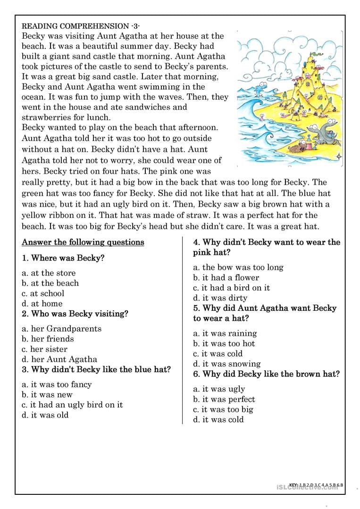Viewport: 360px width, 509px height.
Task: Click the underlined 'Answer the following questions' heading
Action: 83,242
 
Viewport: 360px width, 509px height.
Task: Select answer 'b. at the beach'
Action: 50,283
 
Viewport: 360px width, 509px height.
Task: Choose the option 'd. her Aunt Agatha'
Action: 59,359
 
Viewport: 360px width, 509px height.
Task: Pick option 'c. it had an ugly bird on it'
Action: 72,405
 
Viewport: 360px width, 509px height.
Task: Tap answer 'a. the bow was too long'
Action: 238,267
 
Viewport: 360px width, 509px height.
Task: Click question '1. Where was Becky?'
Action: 63,258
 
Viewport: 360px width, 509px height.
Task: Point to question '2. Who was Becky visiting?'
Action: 75,314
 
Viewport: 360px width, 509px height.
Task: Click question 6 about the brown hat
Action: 267,374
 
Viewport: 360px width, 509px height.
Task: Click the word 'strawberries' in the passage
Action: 46,117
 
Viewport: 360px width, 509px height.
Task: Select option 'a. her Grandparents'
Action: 62,328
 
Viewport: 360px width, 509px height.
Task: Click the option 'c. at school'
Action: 43,293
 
